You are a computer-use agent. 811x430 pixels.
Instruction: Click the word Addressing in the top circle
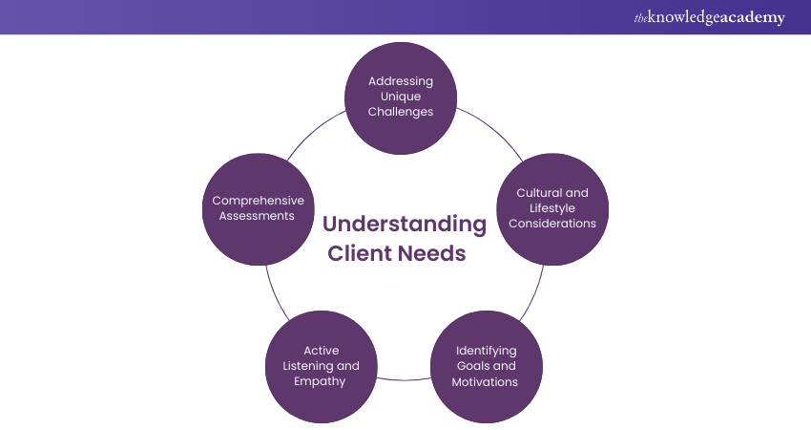pos(401,80)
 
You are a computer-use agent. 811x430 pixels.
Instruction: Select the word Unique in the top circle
pos(401,96)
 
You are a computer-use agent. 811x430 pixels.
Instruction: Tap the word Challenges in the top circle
pos(401,111)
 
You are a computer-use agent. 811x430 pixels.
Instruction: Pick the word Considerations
pos(552,223)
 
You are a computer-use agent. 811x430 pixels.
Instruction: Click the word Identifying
pos(486,351)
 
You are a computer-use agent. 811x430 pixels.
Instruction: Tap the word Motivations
pos(486,381)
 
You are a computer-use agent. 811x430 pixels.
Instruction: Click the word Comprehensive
pos(258,201)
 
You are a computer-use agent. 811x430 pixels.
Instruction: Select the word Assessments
pos(258,216)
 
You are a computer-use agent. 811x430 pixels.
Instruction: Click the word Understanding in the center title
pos(404,225)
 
